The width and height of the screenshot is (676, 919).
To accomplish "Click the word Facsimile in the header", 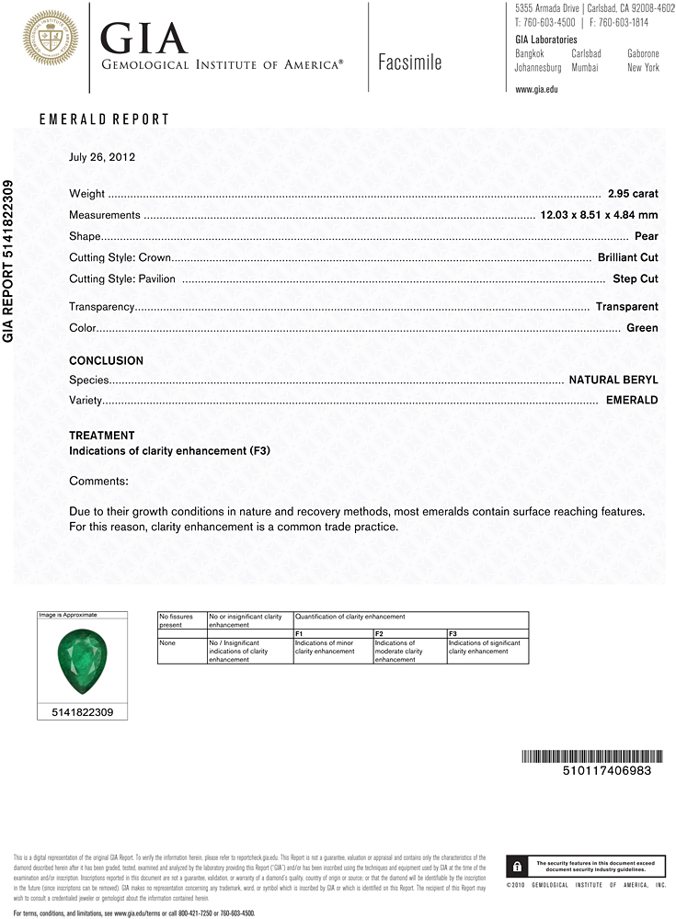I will point(409,62).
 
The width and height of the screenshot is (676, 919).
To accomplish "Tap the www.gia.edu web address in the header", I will point(537,89).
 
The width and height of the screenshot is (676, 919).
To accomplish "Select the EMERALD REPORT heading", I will point(104,119).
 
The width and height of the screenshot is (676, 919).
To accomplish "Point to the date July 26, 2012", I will point(102,157).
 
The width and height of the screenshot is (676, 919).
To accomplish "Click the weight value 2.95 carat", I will point(633,194).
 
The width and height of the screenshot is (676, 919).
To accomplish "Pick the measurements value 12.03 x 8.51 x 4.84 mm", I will point(598,215).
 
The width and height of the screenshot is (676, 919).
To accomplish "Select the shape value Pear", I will point(646,236).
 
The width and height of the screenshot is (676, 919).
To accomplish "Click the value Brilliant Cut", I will point(627,257).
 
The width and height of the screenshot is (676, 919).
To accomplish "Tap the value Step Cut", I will point(635,278).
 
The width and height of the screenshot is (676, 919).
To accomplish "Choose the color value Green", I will point(642,328).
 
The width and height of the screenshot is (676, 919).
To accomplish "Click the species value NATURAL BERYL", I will point(613,380).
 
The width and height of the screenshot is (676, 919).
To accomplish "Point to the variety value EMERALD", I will point(632,401).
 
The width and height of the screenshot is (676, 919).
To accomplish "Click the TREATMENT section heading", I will point(101,436).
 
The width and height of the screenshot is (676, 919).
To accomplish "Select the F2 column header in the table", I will point(379,634).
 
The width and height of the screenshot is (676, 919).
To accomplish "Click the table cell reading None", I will point(167,643).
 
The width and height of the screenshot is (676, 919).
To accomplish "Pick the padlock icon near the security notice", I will point(518,866).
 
